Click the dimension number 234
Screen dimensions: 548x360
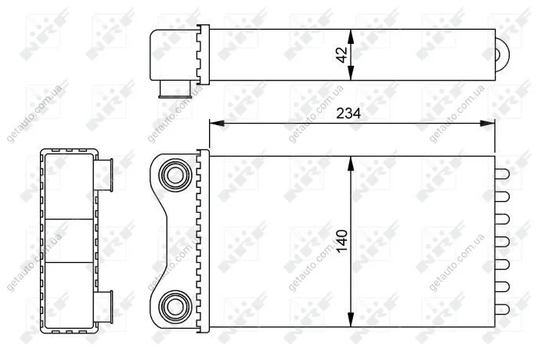click(348, 113)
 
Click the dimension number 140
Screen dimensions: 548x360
click(343, 241)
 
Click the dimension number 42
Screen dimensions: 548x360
click(342, 55)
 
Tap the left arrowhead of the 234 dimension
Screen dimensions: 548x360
click(217, 124)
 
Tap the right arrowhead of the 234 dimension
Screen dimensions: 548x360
click(488, 124)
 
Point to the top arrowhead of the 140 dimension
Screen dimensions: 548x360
click(351, 164)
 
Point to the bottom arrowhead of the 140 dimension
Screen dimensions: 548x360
click(351, 319)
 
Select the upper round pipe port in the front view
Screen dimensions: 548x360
click(175, 175)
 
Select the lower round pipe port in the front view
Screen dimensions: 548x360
click(175, 307)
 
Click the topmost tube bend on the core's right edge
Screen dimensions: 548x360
click(503, 174)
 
